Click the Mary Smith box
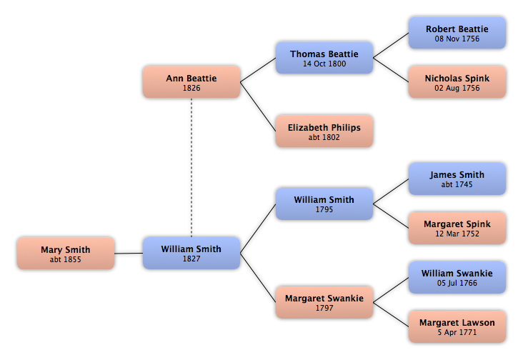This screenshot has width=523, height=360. click(x=66, y=254)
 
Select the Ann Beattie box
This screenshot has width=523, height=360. click(x=191, y=82)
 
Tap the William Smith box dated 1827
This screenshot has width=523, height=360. click(x=191, y=253)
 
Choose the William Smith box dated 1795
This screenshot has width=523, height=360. click(x=324, y=204)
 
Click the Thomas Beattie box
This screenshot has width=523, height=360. click(x=324, y=58)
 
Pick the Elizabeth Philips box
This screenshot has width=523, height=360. click(x=324, y=131)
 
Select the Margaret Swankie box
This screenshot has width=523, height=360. click(x=324, y=302)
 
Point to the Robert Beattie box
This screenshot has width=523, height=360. click(x=457, y=33)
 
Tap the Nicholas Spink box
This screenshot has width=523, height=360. click(x=457, y=82)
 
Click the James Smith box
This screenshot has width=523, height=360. click(x=457, y=179)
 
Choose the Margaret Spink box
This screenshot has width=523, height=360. click(x=457, y=228)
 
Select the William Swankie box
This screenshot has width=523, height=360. click(x=457, y=277)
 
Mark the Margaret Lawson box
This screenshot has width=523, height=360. click(x=457, y=326)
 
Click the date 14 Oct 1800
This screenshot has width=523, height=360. click(x=324, y=64)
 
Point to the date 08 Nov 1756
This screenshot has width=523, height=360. click(x=457, y=39)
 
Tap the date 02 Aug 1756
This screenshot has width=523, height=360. click(x=457, y=89)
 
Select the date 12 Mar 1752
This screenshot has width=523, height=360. click(x=457, y=234)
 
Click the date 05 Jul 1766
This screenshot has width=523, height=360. click(x=457, y=284)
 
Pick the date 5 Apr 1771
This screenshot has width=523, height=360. click(x=457, y=333)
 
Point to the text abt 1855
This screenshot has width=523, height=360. click(x=66, y=260)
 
